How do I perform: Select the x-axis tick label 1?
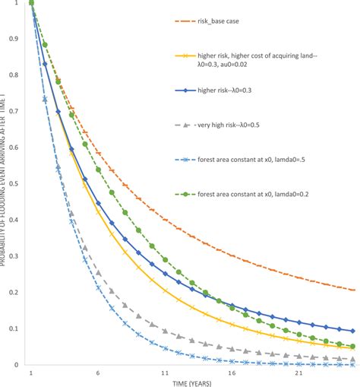click(32, 375)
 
